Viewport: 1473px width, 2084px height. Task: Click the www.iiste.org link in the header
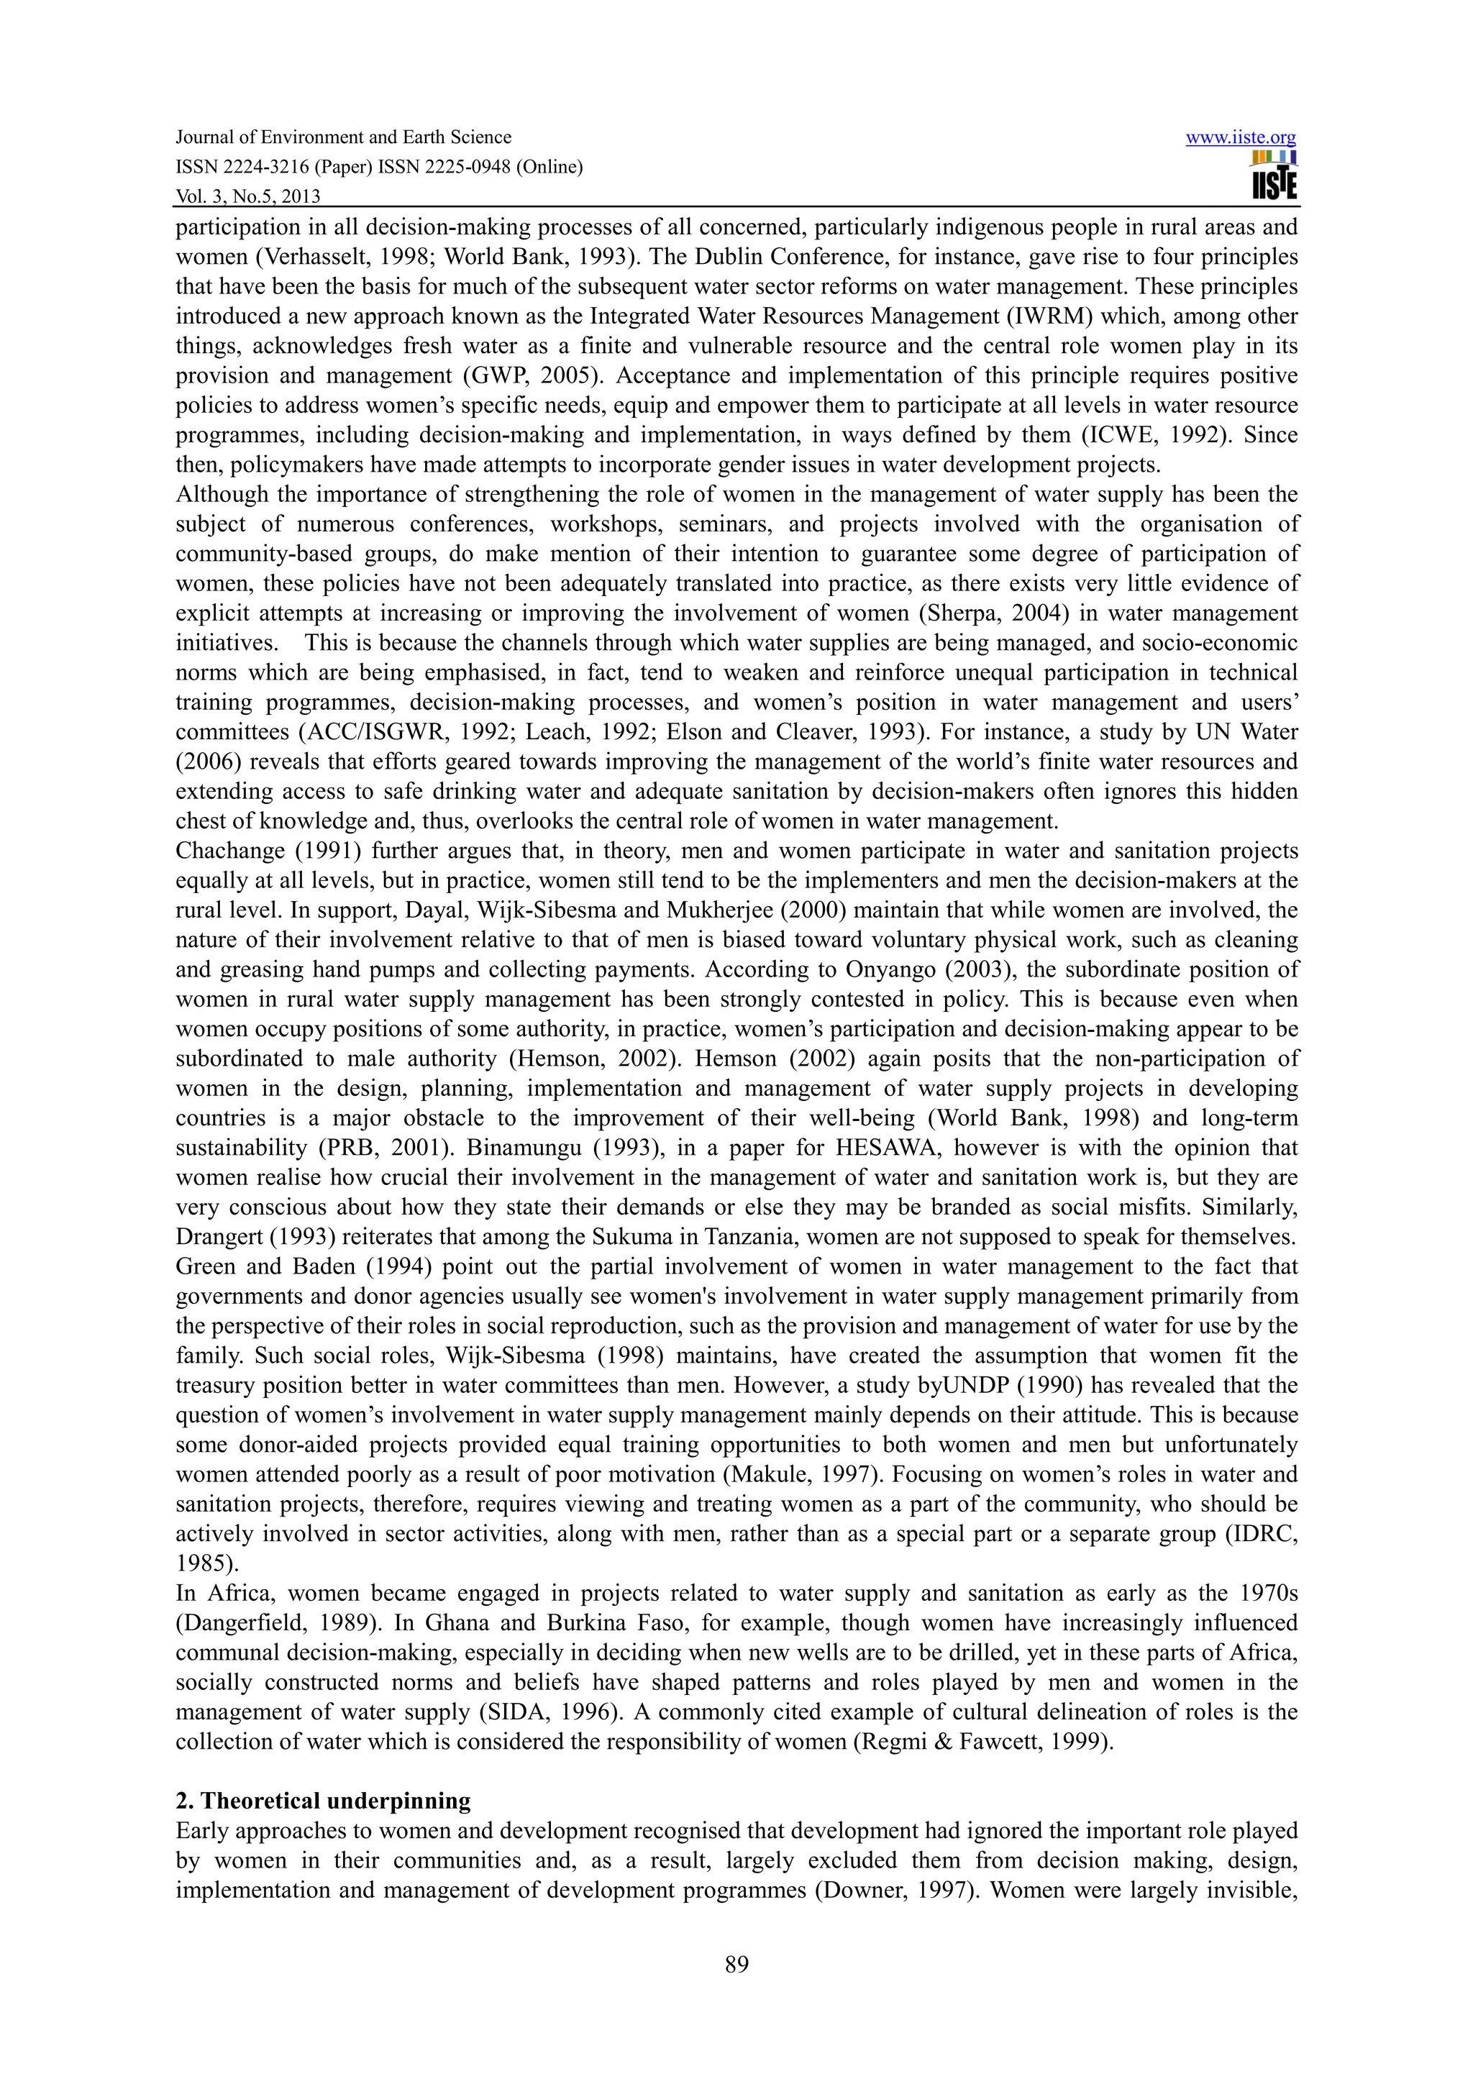(1241, 138)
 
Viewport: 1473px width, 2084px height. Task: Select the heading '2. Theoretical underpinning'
(323, 1801)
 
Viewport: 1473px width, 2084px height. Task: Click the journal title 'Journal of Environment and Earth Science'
(343, 137)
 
